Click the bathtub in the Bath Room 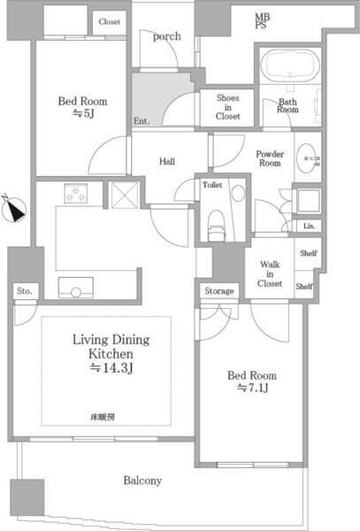[290, 65]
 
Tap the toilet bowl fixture [217, 225]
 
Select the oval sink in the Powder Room [306, 158]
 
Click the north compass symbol [13, 209]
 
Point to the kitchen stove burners [76, 193]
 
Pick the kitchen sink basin [76, 287]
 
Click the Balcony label [142, 481]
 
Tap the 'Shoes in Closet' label [227, 107]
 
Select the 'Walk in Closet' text [269, 274]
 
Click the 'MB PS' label [262, 20]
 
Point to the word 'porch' [167, 36]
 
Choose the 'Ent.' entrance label [142, 121]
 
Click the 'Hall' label [167, 161]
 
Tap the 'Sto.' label [25, 291]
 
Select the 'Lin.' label [309, 226]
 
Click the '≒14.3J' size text [111, 368]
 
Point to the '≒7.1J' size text [252, 388]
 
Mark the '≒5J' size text [82, 113]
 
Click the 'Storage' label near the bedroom [218, 291]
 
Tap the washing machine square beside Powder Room [308, 201]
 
